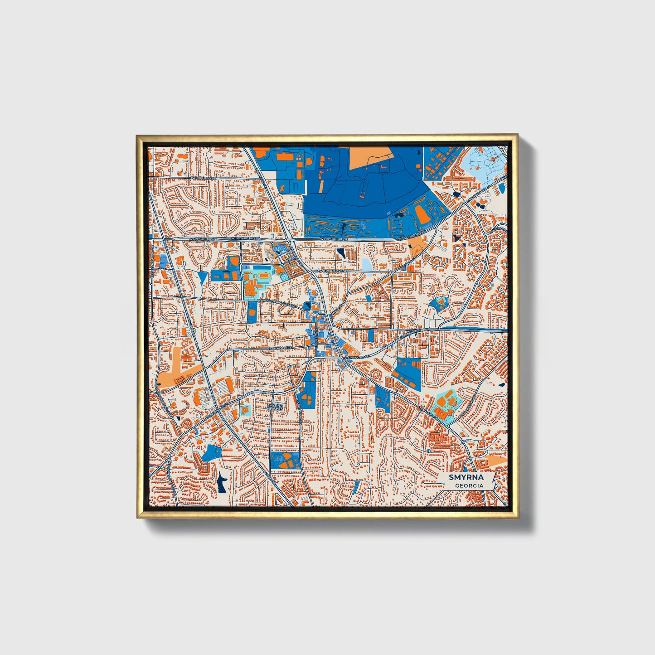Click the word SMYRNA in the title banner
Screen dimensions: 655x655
click(x=466, y=477)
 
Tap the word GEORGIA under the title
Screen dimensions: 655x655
click(x=469, y=485)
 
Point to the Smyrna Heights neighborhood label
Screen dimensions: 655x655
click(x=275, y=407)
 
